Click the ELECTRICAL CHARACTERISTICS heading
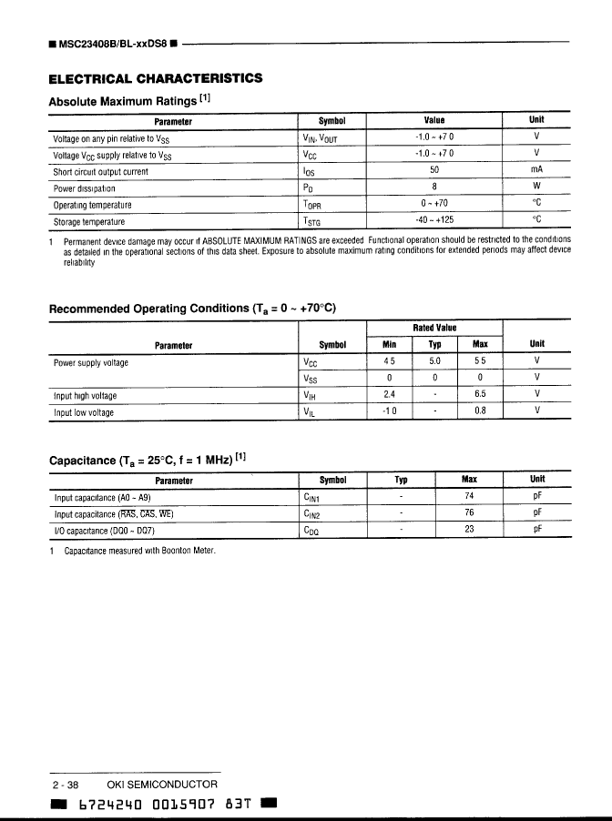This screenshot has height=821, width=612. click(x=155, y=78)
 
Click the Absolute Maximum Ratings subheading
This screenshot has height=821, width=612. click(x=129, y=100)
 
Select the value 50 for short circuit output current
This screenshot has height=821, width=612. click(x=434, y=170)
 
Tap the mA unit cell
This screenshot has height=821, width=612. click(x=535, y=170)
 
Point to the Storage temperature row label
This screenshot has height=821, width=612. click(x=88, y=221)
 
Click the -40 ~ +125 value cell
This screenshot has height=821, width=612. click(x=434, y=220)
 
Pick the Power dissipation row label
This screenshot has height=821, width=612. click(x=84, y=188)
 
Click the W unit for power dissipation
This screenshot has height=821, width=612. click(x=536, y=188)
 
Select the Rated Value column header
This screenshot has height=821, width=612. click(x=434, y=328)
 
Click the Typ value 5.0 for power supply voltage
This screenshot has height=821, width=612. click(x=434, y=361)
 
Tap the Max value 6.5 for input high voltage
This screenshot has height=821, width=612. click(x=480, y=395)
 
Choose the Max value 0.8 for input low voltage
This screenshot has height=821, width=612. click(x=480, y=411)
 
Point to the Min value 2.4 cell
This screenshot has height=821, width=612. click(x=389, y=395)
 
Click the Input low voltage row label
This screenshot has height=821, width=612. click(x=84, y=412)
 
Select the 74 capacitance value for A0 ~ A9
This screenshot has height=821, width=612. click(x=470, y=497)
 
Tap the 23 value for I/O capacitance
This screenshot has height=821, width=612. click(x=470, y=530)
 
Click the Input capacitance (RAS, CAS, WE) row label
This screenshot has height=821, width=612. click(x=114, y=513)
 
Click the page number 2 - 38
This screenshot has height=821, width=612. click(x=66, y=784)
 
